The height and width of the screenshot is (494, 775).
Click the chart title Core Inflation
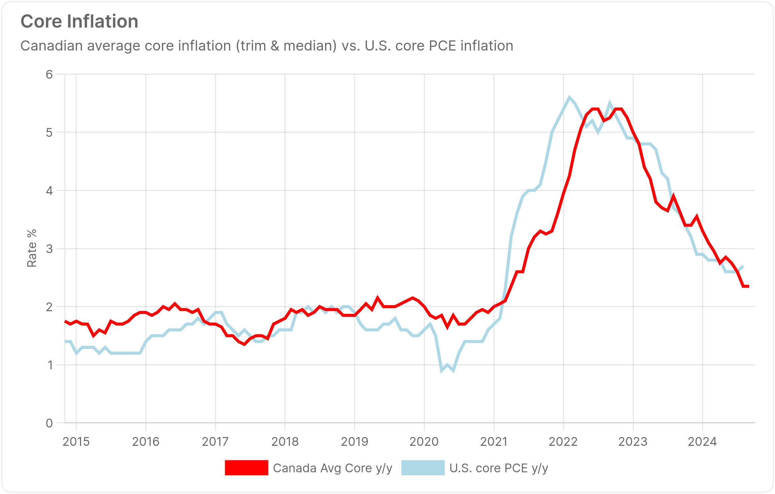pos(79,22)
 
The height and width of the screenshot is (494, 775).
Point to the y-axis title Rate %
pos(32,248)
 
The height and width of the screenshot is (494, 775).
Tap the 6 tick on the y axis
pos(49,74)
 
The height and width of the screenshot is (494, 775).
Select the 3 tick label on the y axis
pos(49,249)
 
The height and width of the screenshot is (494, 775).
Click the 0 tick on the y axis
pos(49,423)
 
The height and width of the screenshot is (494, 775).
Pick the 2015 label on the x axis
pos(76,441)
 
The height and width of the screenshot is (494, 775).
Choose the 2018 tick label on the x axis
pos(285,441)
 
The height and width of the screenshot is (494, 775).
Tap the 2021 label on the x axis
pos(494,441)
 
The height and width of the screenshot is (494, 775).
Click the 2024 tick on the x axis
pos(702,441)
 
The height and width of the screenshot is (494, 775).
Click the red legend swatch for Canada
pos(246,468)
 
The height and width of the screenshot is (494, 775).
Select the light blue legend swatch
pos(423,468)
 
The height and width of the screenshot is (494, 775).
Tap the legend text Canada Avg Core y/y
pos(333,468)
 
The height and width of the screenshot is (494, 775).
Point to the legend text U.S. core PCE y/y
pos(499,468)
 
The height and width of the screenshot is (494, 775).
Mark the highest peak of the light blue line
pos(569,97)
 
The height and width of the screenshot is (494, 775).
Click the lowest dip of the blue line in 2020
pos(442,370)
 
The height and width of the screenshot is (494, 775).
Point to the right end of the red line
pos(748,286)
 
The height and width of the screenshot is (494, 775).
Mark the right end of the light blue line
pos(743,266)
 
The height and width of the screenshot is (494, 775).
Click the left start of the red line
pos(65,321)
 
